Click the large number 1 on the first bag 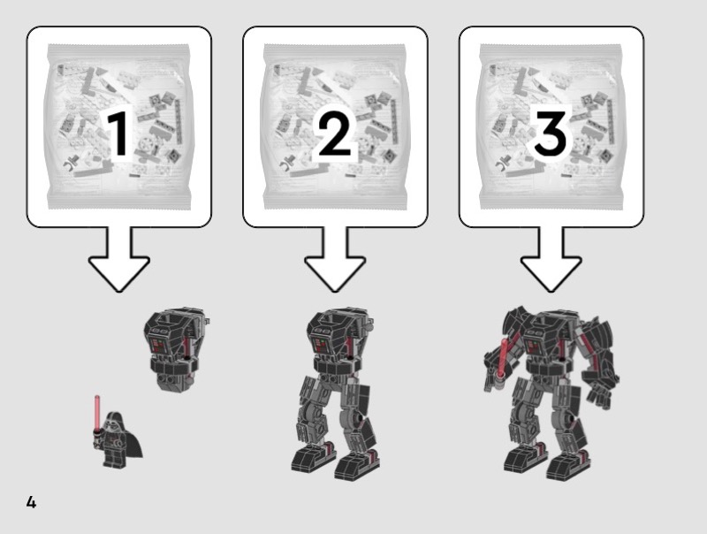coord(119,133)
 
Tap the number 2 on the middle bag coord(335,133)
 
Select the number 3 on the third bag coord(550,133)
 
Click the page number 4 coord(31,502)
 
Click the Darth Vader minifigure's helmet coord(113,421)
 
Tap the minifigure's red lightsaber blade coord(96,411)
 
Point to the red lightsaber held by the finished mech coord(502,361)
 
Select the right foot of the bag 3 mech coord(568,465)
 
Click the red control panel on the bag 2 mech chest coord(321,347)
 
